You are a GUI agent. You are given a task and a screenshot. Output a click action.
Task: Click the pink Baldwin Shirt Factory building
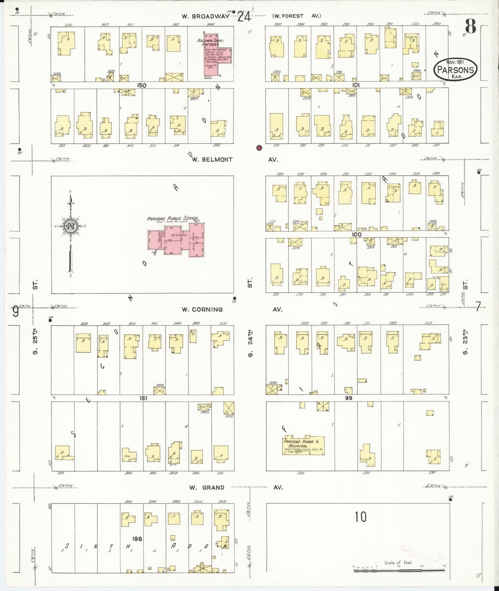coord(217,55)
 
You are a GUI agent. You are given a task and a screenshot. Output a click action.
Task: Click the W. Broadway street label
coord(206,16)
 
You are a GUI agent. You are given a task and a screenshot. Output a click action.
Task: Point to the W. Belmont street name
coord(212,160)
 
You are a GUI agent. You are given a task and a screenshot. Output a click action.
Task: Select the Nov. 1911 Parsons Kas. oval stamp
coord(455,70)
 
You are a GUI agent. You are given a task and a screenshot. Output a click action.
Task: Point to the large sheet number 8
coord(470,25)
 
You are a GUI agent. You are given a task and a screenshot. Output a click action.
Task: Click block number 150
coord(141,85)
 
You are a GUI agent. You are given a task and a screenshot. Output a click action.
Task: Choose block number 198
coord(137,539)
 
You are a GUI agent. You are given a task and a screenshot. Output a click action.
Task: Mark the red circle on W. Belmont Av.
coord(259,148)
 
